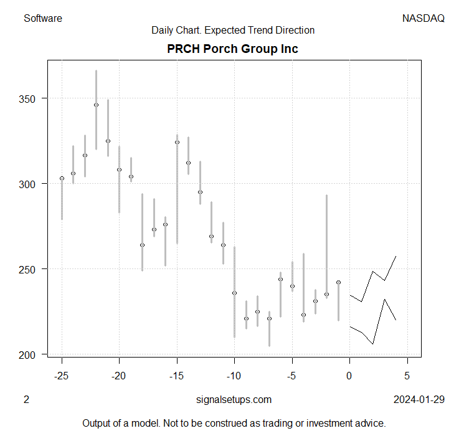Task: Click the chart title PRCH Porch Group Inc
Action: click(233, 49)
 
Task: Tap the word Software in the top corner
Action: click(42, 18)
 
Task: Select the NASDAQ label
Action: click(424, 18)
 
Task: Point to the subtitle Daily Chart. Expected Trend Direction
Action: click(233, 30)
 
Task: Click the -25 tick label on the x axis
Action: click(62, 376)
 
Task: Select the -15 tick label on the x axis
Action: click(177, 376)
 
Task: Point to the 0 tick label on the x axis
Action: click(350, 376)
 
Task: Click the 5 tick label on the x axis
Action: click(407, 376)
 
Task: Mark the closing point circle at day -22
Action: click(96, 105)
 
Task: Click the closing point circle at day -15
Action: click(177, 142)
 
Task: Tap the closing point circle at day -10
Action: click(235, 293)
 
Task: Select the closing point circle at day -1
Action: click(338, 282)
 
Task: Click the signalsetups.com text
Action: click(233, 399)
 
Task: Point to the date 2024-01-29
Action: click(419, 399)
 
